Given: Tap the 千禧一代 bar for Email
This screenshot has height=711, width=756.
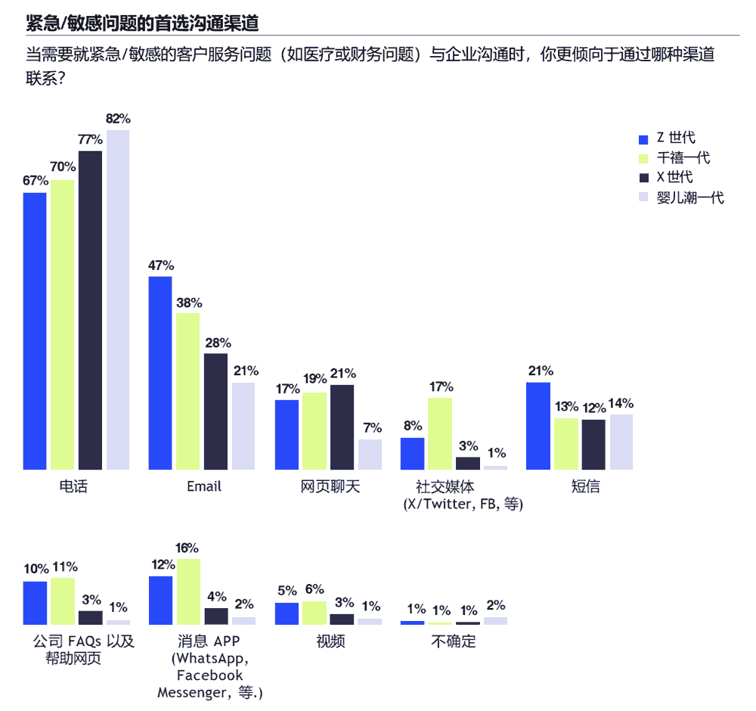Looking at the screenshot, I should [x=188, y=391].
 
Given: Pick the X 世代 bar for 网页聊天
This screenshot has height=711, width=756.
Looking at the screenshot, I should [x=342, y=427].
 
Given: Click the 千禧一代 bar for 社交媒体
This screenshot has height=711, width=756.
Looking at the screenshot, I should [x=440, y=433].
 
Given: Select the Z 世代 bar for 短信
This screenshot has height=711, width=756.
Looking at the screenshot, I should [x=538, y=426].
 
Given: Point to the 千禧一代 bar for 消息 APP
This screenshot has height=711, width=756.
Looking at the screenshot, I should [x=188, y=591].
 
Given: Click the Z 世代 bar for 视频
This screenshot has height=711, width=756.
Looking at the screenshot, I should [x=286, y=613].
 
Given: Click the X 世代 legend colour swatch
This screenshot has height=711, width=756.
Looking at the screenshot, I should [x=644, y=179].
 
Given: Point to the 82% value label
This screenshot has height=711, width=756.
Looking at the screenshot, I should [x=118, y=119].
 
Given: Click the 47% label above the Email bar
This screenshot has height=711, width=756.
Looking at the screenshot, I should [x=161, y=265].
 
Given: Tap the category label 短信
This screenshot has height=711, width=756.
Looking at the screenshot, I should [x=585, y=486].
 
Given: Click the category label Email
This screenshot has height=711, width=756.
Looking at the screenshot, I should [x=204, y=486].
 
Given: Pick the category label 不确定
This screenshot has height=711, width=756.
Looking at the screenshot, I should [x=454, y=641].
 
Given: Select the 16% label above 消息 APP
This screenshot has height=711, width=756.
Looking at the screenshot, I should [x=187, y=548].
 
